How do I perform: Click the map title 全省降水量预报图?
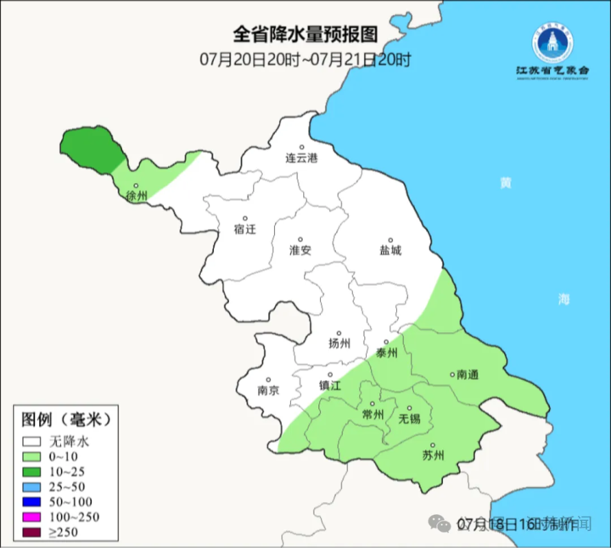click(305, 35)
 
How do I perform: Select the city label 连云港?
click(300, 159)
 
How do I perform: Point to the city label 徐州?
click(136, 196)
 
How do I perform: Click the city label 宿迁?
click(244, 228)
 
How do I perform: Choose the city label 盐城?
click(390, 250)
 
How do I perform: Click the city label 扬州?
click(339, 344)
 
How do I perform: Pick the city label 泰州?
click(386, 353)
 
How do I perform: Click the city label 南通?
click(468, 374)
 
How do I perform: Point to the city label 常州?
click(373, 414)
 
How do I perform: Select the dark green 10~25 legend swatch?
click(33, 471)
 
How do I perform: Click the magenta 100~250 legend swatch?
click(33, 517)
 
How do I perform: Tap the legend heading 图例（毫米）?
click(66, 419)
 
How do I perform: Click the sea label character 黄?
click(506, 183)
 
